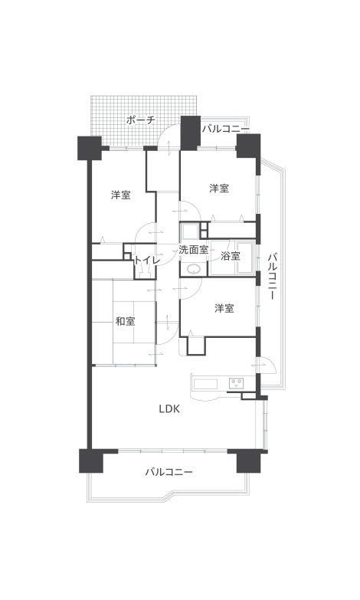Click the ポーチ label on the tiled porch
click(140, 120)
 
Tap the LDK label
click(169, 409)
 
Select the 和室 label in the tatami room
click(126, 321)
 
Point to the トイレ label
click(147, 261)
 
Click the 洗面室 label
click(194, 250)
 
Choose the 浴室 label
click(231, 256)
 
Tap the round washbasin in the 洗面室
click(194, 270)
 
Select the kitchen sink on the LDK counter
click(205, 383)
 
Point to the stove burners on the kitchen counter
click(236, 382)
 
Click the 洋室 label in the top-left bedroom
click(121, 195)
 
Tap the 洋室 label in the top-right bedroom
click(219, 189)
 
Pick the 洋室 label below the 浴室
click(224, 308)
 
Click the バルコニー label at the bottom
click(169, 472)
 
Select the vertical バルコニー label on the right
click(272, 276)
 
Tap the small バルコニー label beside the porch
click(226, 129)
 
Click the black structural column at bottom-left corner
click(91, 461)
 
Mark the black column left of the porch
click(90, 148)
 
